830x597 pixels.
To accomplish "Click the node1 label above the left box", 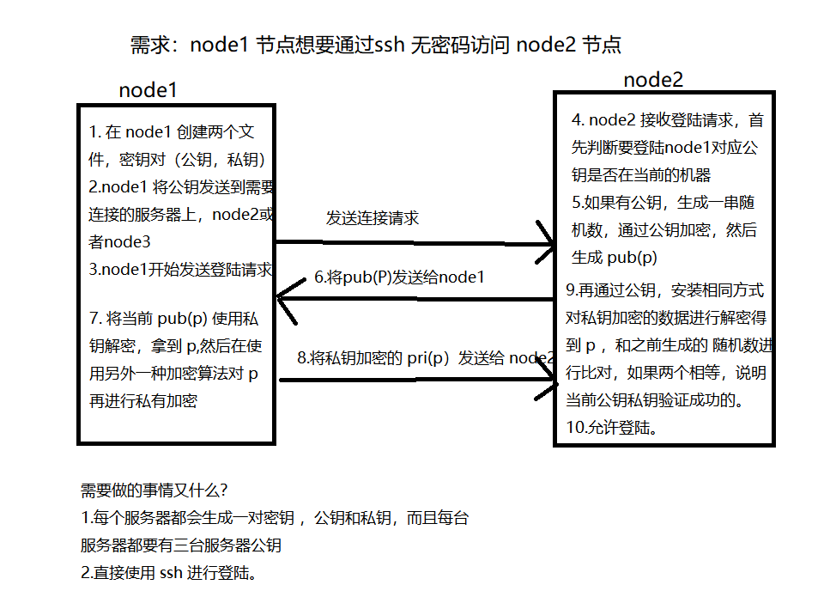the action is pyautogui.click(x=148, y=90).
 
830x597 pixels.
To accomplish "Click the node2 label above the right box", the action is pyautogui.click(x=653, y=80).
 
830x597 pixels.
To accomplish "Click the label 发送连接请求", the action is pyautogui.click(x=372, y=218).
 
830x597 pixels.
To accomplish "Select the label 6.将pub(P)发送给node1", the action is pyautogui.click(x=399, y=277).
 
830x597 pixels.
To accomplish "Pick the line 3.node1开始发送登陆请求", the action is pyautogui.click(x=180, y=269).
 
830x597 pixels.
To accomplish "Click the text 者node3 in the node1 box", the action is pyautogui.click(x=120, y=242).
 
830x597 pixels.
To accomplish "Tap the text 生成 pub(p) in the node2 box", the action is pyautogui.click(x=615, y=257).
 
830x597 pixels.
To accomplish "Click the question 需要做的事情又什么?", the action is pyautogui.click(x=154, y=490).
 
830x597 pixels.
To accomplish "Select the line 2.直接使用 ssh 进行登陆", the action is pyautogui.click(x=169, y=573).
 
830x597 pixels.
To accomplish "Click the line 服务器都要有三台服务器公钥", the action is pyautogui.click(x=181, y=545).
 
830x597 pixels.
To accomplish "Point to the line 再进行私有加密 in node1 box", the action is pyautogui.click(x=143, y=400).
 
